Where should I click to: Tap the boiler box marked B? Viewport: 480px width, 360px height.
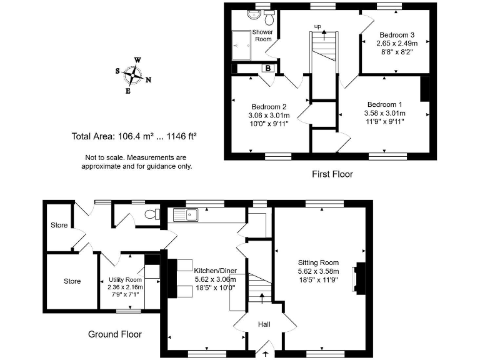pos(267,68)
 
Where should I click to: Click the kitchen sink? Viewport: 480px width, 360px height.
pos(186,216)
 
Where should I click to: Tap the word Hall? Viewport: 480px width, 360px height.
pos(264,324)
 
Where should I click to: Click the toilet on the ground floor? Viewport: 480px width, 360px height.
pos(149,215)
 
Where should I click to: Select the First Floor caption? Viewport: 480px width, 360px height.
pos(332,174)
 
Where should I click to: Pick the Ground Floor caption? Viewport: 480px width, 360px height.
pos(115,334)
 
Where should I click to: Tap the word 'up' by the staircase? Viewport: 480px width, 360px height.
pos(317,26)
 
